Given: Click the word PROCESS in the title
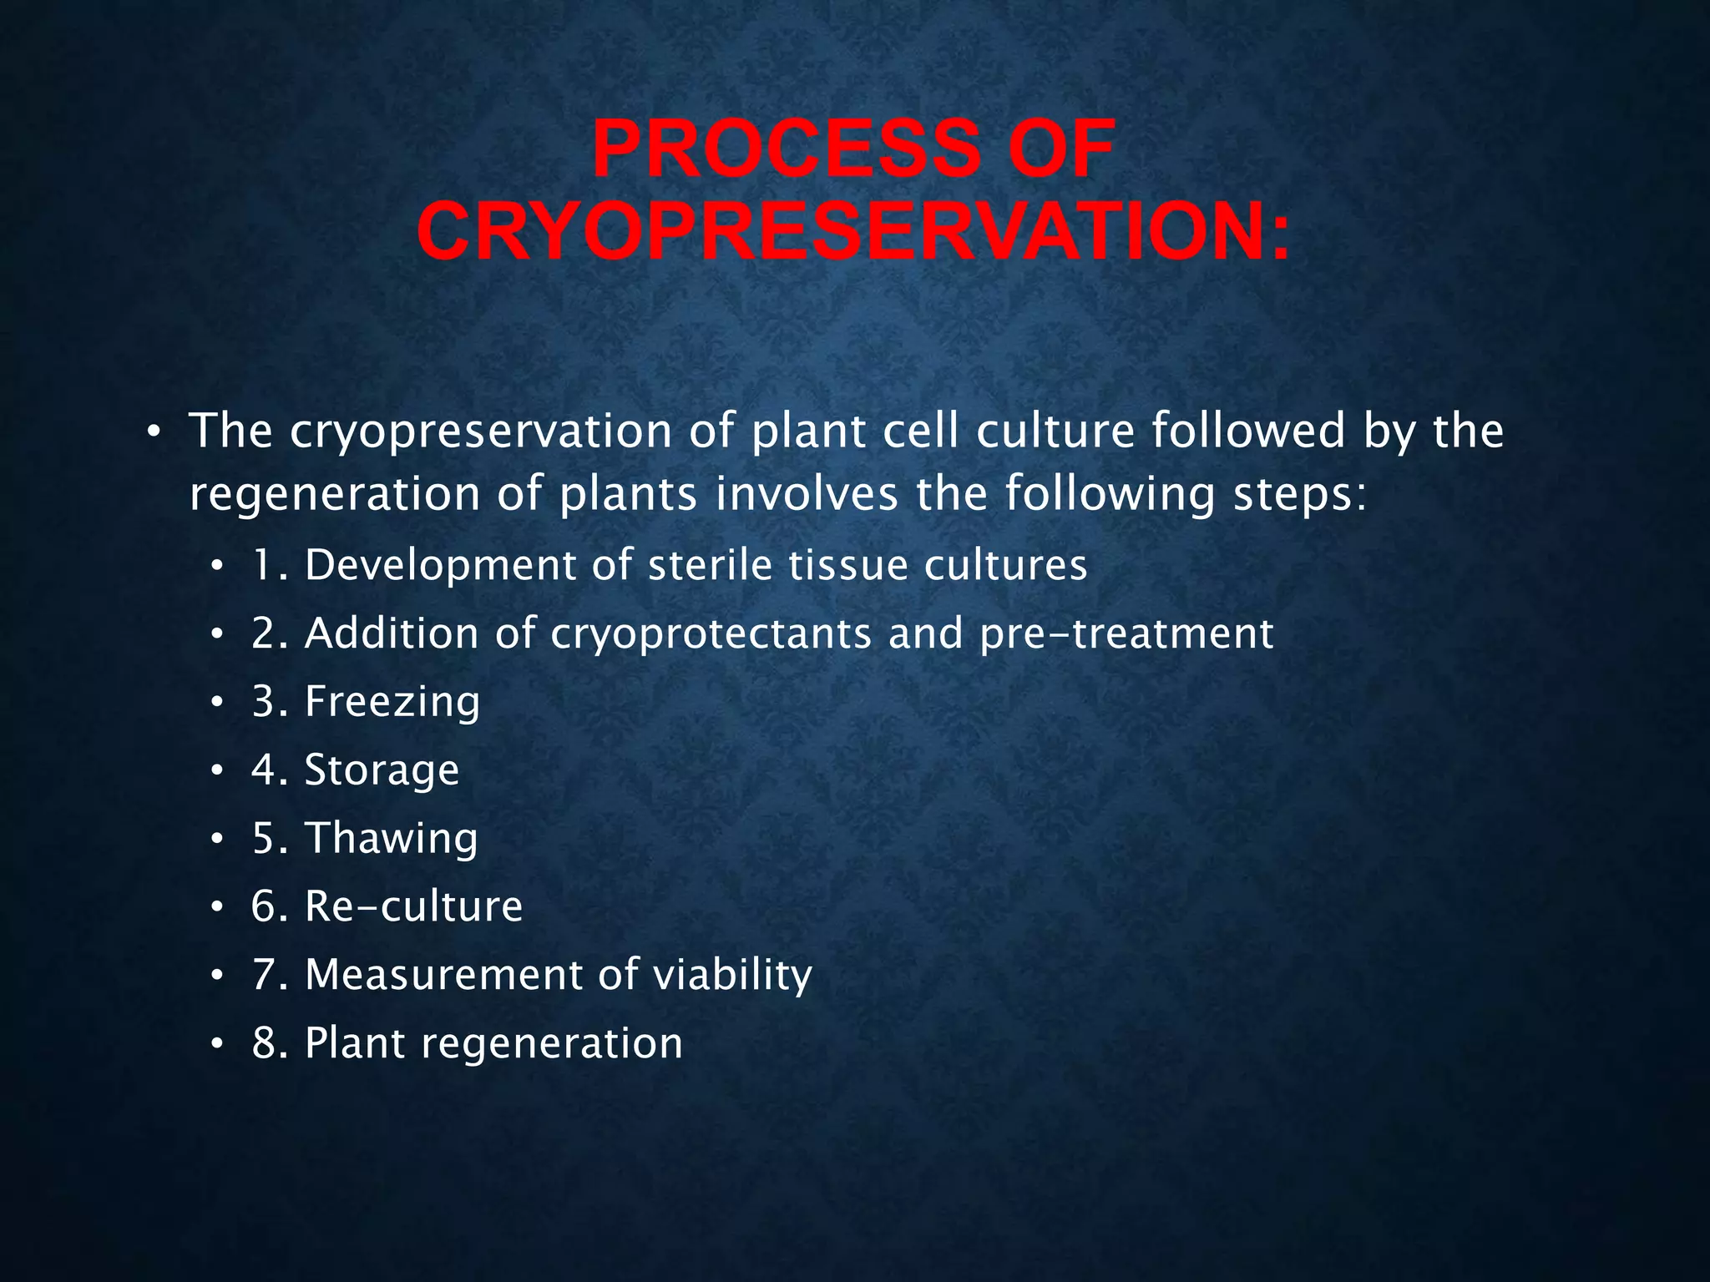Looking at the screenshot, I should point(786,149).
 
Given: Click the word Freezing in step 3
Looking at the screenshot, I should point(392,702).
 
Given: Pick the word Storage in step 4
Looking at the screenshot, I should point(382,770).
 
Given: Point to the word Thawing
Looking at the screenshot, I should point(392,838).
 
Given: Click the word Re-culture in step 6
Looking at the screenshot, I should point(413,906).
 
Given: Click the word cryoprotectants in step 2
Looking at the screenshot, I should point(711,633).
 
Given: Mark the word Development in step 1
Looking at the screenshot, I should point(440,565).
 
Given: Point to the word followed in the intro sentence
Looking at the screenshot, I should point(1248,431).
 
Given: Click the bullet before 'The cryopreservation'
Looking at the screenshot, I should point(152,432).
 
